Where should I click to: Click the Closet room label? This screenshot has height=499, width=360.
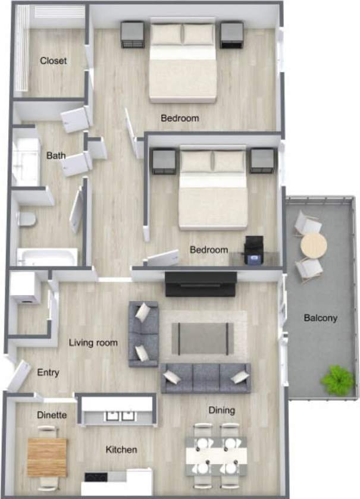(53, 61)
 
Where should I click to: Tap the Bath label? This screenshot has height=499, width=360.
(56, 156)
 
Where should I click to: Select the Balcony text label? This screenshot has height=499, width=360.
(320, 318)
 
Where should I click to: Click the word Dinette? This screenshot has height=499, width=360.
(52, 415)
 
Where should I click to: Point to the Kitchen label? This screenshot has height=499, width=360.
(121, 450)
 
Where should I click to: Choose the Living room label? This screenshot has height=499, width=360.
(93, 343)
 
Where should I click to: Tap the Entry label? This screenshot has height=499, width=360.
(48, 373)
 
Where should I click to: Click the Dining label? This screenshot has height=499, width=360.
(221, 410)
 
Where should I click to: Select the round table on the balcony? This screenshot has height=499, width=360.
(313, 246)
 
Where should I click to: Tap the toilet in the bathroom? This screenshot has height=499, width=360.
(26, 219)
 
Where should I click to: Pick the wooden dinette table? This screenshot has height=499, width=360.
(47, 456)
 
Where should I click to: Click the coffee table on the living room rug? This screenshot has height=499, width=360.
(203, 338)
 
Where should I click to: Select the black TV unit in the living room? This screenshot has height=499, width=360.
(201, 284)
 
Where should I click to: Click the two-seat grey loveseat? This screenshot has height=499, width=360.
(143, 333)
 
